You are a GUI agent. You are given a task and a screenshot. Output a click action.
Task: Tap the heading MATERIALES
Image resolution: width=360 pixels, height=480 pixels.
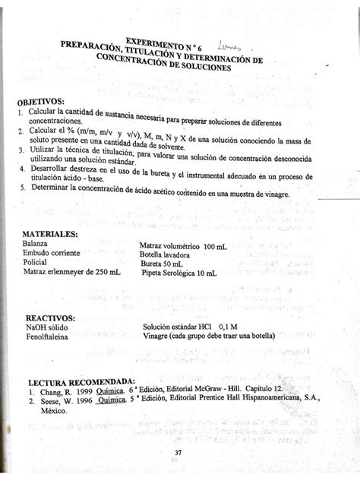click(x=52, y=234)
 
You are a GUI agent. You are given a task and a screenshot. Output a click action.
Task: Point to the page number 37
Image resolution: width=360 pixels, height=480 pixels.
click(x=178, y=453)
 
